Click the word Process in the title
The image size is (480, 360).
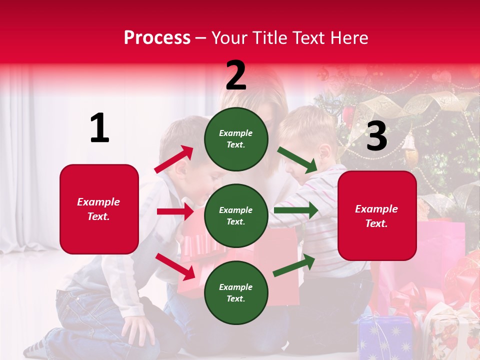pos(157,38)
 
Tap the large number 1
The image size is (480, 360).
pos(99,128)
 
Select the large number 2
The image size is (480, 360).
pos(236,75)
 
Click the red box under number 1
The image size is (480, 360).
pos(99,209)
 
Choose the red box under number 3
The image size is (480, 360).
pos(377,215)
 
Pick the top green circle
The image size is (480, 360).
pos(236,139)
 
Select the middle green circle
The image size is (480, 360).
pos(236,215)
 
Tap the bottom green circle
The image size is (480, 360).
pos(236,292)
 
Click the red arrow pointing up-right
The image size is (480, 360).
pos(174,159)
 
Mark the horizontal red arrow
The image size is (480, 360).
pos(175,211)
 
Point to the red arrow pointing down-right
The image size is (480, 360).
pos(175,266)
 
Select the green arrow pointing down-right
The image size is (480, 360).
pos(298,160)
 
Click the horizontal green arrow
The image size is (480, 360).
pos(296,210)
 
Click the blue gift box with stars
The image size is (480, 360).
pos(385,337)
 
